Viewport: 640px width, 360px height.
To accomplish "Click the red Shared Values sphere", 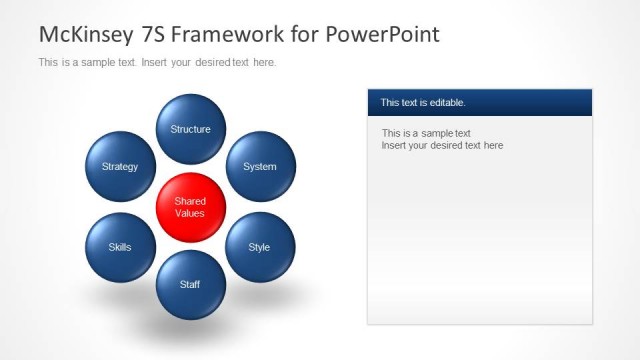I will click(x=190, y=207).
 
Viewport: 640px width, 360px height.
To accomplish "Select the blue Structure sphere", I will click(x=190, y=129).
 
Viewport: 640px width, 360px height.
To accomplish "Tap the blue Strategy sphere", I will click(x=120, y=166).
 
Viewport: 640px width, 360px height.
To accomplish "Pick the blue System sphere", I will click(x=260, y=166).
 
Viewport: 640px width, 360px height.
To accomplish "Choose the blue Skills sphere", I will click(x=120, y=247).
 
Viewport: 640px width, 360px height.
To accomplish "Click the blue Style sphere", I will click(x=260, y=247).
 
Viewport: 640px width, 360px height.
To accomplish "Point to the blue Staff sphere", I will click(x=190, y=284).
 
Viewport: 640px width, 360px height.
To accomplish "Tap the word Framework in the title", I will click(x=222, y=34).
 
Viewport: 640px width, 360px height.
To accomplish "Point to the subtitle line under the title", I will click(x=157, y=63).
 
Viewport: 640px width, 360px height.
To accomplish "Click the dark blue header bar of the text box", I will click(x=480, y=102).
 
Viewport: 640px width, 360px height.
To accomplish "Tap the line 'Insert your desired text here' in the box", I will click(x=442, y=146).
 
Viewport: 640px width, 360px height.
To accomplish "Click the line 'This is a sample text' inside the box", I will click(x=426, y=133).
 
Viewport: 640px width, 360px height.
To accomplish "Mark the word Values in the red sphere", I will click(x=190, y=213).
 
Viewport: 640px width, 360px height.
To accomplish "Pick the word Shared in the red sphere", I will click(x=190, y=201).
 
